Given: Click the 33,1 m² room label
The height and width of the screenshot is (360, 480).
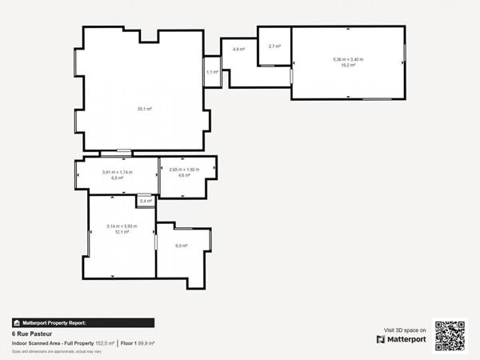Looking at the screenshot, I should click(x=144, y=109).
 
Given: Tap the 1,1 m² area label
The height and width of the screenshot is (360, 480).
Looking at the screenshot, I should click(x=212, y=72).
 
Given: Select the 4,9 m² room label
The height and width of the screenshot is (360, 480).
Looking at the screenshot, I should click(x=238, y=50).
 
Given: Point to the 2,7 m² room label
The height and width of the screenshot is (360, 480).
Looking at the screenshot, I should click(x=274, y=46).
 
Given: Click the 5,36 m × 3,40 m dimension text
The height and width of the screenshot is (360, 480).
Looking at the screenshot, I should click(x=348, y=59).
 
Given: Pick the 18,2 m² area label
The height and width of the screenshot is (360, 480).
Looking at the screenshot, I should click(x=348, y=66).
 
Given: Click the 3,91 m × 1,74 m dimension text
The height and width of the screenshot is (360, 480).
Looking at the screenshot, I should click(x=117, y=172).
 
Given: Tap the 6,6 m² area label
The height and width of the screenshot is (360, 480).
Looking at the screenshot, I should click(x=117, y=178).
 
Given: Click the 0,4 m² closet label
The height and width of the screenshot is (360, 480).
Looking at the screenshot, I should click(x=145, y=201).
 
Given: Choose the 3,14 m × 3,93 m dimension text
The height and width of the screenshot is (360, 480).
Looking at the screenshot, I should click(x=122, y=226).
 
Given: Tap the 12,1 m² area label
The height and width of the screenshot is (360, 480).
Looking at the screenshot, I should click(x=122, y=232).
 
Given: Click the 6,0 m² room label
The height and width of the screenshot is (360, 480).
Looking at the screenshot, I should click(x=182, y=246).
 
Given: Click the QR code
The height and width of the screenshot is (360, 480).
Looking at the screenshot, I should click(x=450, y=335).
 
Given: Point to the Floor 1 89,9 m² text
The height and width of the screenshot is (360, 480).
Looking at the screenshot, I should click(x=138, y=343).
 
